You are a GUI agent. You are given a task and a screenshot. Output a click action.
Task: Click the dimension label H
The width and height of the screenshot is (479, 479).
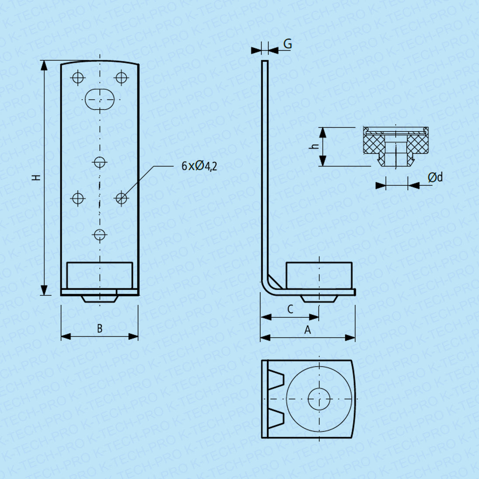37,177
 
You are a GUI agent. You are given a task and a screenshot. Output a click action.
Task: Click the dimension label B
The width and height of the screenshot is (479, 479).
100,329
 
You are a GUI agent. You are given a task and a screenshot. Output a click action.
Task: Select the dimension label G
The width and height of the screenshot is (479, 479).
288,44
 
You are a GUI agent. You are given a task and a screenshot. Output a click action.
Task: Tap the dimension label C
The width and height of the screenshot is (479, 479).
290,309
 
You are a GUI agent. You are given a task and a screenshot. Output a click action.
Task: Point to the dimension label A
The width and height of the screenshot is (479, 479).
308,330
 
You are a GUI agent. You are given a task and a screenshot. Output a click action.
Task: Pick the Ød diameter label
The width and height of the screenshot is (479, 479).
435,177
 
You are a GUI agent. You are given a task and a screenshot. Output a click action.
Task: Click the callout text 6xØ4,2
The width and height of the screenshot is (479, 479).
199,166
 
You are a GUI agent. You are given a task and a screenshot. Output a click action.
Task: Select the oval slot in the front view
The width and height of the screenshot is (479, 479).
100,99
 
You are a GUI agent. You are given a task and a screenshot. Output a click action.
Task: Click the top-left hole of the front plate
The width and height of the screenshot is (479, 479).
78,77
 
